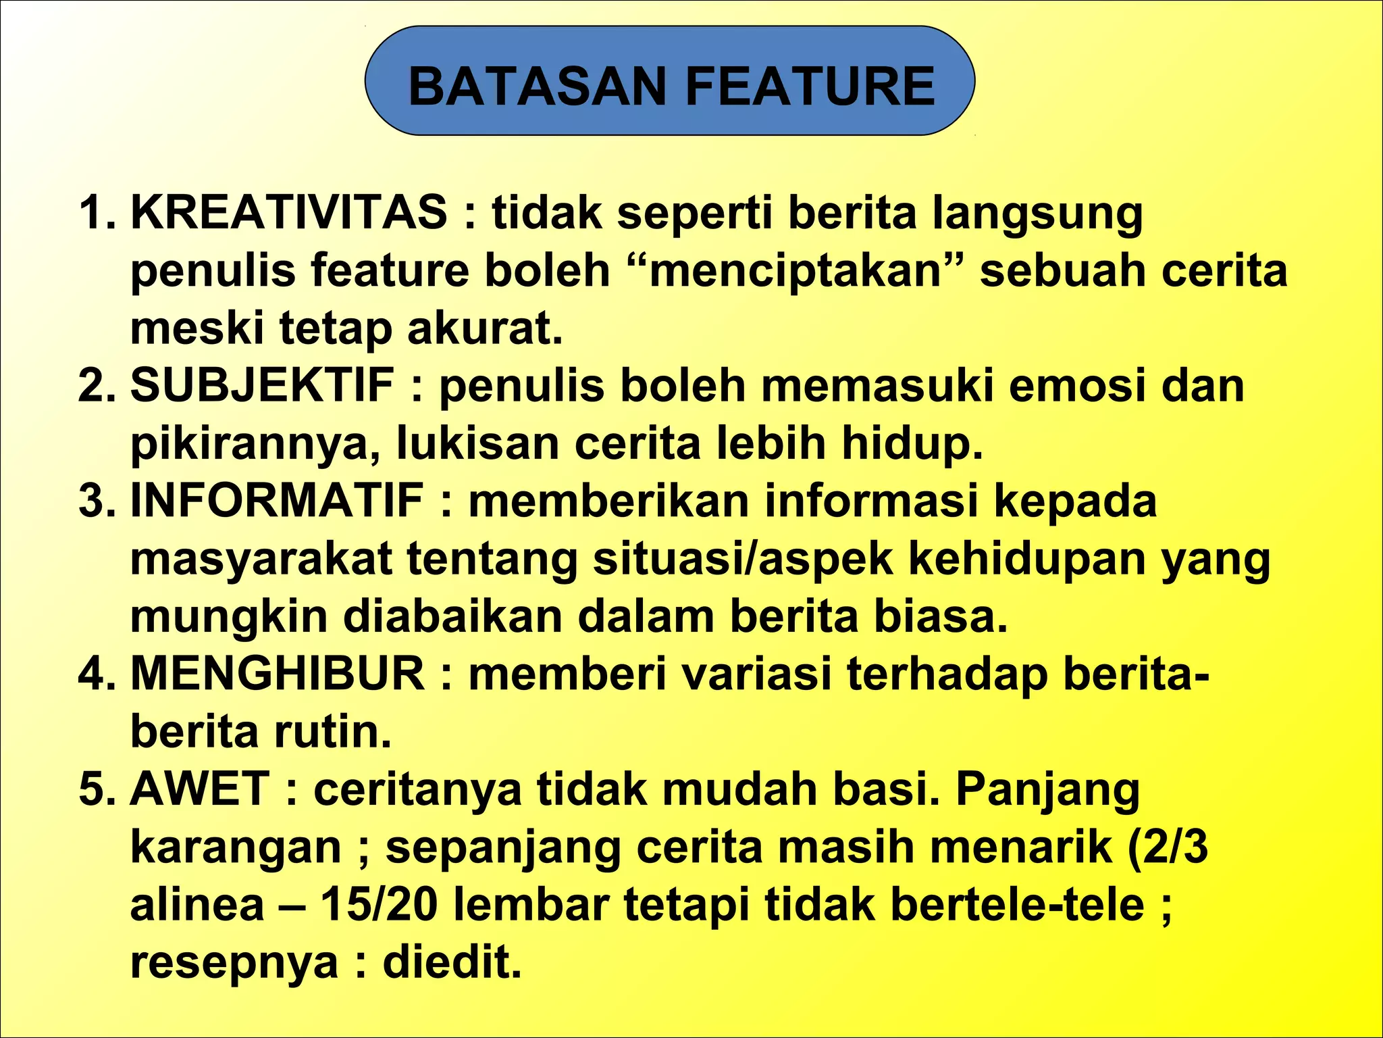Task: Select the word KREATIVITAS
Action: point(288,212)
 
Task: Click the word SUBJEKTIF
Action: point(263,385)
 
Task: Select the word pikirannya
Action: point(256,444)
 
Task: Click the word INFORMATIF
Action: point(277,501)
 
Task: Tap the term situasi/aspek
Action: point(743,559)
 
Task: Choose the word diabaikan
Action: point(453,616)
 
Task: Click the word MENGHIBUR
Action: point(278,674)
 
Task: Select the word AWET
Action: point(200,789)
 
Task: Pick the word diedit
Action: point(452,962)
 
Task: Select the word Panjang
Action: point(1048,790)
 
